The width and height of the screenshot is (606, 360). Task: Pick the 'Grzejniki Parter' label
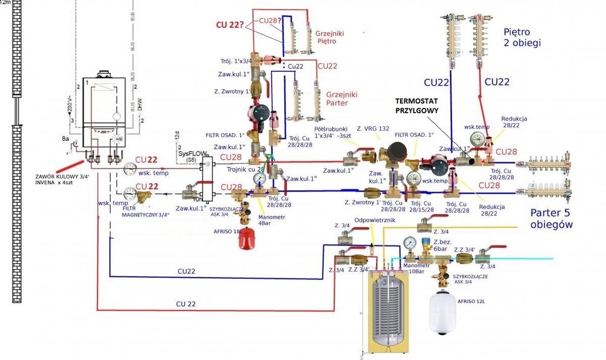pos(342,99)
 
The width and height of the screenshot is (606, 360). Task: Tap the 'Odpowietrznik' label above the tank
pos(375,221)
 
